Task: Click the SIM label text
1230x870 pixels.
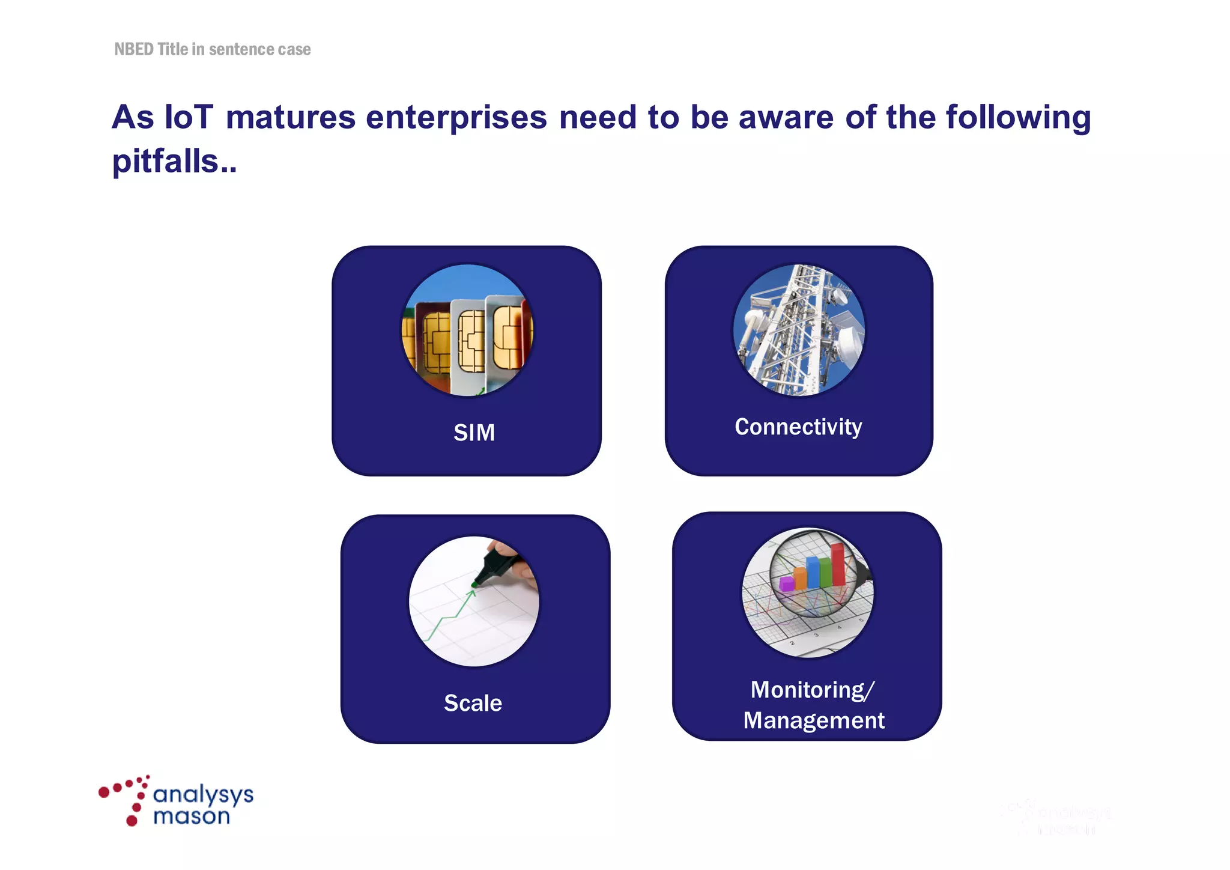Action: [474, 433]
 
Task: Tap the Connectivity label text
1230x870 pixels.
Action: [798, 427]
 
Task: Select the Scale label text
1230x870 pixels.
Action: [473, 703]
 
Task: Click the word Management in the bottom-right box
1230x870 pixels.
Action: [814, 720]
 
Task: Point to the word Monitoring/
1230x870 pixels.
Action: [813, 690]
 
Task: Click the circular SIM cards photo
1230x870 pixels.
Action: [467, 330]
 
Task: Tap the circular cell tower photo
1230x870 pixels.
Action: [799, 330]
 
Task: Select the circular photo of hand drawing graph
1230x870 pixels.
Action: [474, 601]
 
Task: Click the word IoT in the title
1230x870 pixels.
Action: [189, 117]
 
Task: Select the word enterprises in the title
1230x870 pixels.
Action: [456, 117]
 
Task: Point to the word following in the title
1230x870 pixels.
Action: [1019, 117]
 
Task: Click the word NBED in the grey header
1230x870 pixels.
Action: [134, 49]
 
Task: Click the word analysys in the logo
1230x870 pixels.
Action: [203, 795]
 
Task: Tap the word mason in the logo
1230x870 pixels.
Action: [192, 817]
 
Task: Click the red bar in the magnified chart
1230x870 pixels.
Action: [838, 564]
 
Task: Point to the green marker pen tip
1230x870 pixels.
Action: [475, 583]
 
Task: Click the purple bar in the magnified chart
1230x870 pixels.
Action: [787, 583]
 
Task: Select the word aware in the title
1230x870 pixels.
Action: [786, 117]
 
